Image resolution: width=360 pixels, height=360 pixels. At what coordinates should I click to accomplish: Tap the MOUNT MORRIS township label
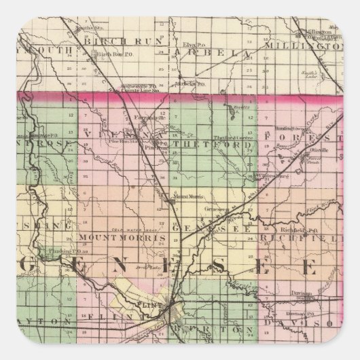pos(122,239)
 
